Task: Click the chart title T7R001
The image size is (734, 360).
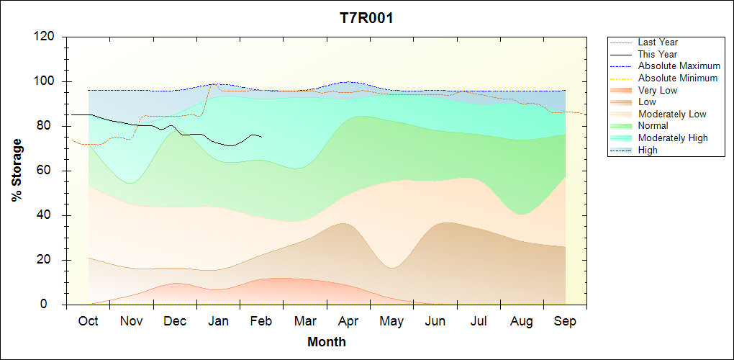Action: tap(366, 18)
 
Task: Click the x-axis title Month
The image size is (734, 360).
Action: tap(327, 342)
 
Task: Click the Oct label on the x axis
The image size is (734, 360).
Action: tap(88, 321)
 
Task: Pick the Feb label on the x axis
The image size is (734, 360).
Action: tap(261, 321)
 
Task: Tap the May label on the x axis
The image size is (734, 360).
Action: tap(391, 321)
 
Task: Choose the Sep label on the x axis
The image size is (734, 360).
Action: tap(565, 321)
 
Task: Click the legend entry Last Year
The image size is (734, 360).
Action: tap(658, 42)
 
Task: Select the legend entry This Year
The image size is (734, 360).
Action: tap(658, 54)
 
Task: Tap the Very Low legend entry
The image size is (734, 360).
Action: tap(658, 90)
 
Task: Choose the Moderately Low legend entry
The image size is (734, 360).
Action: tap(672, 114)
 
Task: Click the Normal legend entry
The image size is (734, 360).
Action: tap(653, 126)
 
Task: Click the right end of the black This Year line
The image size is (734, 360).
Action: tap(262, 137)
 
